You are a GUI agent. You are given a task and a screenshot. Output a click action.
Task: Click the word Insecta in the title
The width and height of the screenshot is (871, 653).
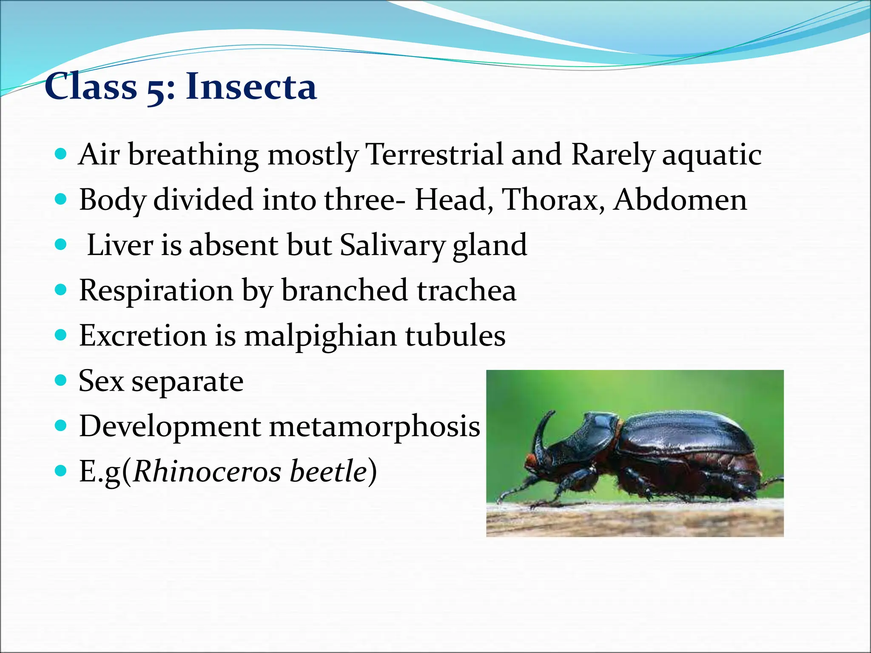251,87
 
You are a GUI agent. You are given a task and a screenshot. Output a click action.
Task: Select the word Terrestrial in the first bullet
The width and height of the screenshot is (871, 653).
434,154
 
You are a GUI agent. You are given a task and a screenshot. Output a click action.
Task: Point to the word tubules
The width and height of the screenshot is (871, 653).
455,335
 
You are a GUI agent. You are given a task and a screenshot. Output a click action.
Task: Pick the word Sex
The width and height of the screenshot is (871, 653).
101,381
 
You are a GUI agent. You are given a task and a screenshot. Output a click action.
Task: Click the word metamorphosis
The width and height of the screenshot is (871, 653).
374,426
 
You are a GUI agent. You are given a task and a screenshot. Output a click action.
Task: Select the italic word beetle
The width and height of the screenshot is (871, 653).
328,471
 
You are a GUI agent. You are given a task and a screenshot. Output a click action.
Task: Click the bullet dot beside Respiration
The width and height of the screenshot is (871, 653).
61,290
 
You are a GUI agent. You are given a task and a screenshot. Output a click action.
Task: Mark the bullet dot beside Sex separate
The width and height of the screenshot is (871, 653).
61,380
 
